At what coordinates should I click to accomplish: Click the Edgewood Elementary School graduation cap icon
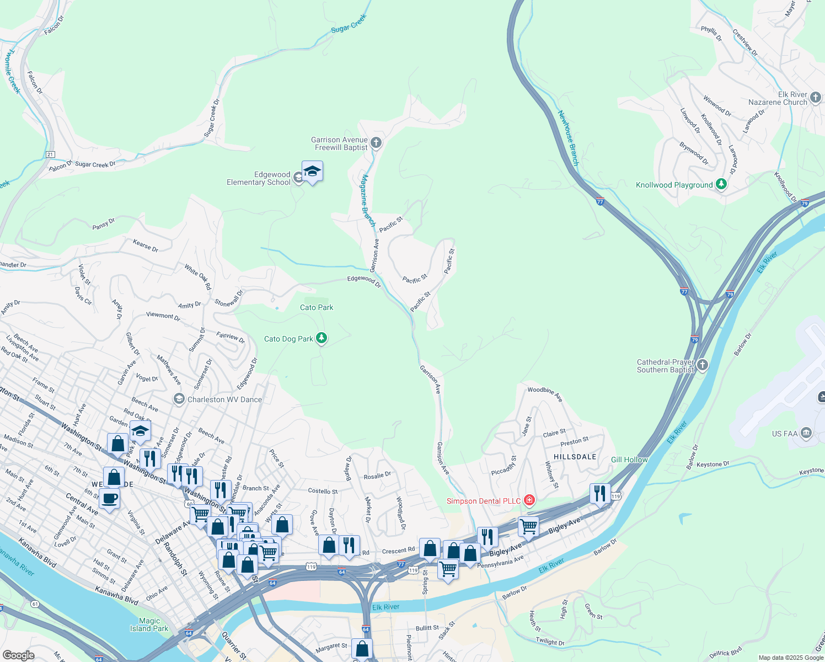312,172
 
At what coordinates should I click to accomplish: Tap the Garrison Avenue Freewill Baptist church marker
376,143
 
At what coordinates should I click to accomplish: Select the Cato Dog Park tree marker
321,338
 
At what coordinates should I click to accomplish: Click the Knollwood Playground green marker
721,184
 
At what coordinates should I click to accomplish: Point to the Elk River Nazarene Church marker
816,98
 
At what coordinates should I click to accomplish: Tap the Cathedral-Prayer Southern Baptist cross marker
702,365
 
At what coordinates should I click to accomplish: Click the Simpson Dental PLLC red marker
529,500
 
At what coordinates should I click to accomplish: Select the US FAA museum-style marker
806,433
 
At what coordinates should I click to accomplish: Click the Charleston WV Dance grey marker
179,399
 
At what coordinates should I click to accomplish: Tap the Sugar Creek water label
349,24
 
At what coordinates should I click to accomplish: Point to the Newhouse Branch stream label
567,138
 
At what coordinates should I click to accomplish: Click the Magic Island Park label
149,624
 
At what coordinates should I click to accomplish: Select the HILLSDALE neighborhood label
575,457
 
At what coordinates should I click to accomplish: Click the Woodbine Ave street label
544,393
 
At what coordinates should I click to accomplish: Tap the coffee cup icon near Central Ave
109,498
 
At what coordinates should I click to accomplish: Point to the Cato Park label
317,307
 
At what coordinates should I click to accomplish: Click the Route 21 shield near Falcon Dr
51,154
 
